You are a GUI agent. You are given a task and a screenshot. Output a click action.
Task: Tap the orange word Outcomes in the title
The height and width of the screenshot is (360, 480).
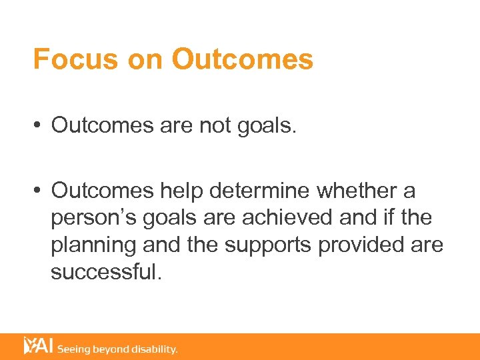pos(242,59)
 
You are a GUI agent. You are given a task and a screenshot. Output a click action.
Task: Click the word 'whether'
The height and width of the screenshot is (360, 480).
pos(360,191)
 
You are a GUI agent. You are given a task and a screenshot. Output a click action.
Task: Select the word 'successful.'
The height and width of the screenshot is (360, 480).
pos(106,271)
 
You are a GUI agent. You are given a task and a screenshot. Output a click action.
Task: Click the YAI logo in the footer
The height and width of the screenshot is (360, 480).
pos(38,346)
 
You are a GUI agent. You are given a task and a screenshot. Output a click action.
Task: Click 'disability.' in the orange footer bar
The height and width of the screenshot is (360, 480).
pos(155,349)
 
